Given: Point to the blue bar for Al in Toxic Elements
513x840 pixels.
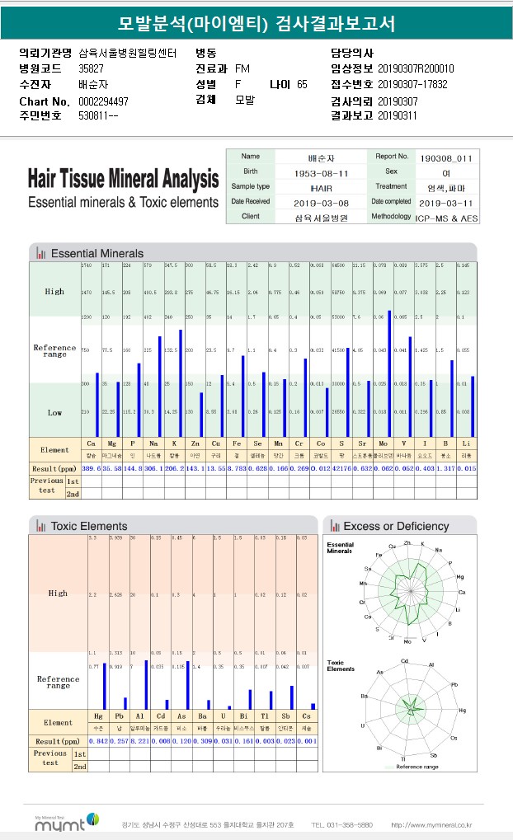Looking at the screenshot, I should point(147,684).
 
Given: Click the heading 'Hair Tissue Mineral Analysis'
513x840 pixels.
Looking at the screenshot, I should point(123,178).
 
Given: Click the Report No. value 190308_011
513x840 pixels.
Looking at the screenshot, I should point(446,157).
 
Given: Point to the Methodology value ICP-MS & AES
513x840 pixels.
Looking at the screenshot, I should point(448,217).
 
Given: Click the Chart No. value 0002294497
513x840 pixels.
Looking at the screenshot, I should point(103,101).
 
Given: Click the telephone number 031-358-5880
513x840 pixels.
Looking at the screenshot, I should point(341,824).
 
